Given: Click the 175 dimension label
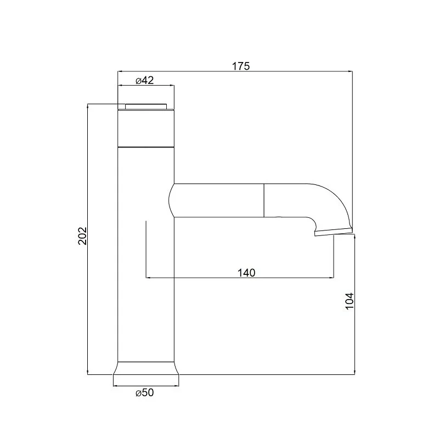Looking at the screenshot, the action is [240, 66].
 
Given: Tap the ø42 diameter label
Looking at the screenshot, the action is [145, 81].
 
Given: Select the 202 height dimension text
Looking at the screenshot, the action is [83, 236].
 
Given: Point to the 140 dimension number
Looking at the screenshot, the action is [246, 272].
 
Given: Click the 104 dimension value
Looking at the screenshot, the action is [350, 301].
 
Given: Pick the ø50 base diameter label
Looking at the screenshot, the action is [145, 392].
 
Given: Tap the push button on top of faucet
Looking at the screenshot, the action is [146, 106].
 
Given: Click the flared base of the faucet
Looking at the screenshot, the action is [146, 368].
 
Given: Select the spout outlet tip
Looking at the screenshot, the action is [334, 232].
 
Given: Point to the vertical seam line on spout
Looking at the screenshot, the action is [264, 200].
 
